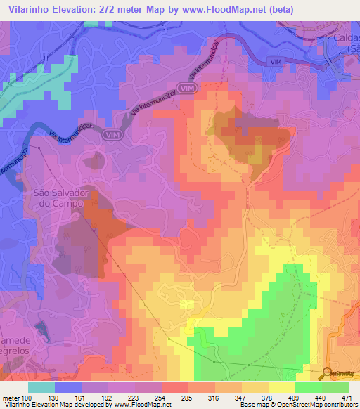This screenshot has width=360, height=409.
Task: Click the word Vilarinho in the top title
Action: pyautogui.click(x=27, y=9)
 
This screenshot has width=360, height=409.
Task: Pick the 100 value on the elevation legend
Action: pyautogui.click(x=27, y=398)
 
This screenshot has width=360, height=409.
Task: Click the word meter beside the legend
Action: pyautogui.click(x=11, y=398)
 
